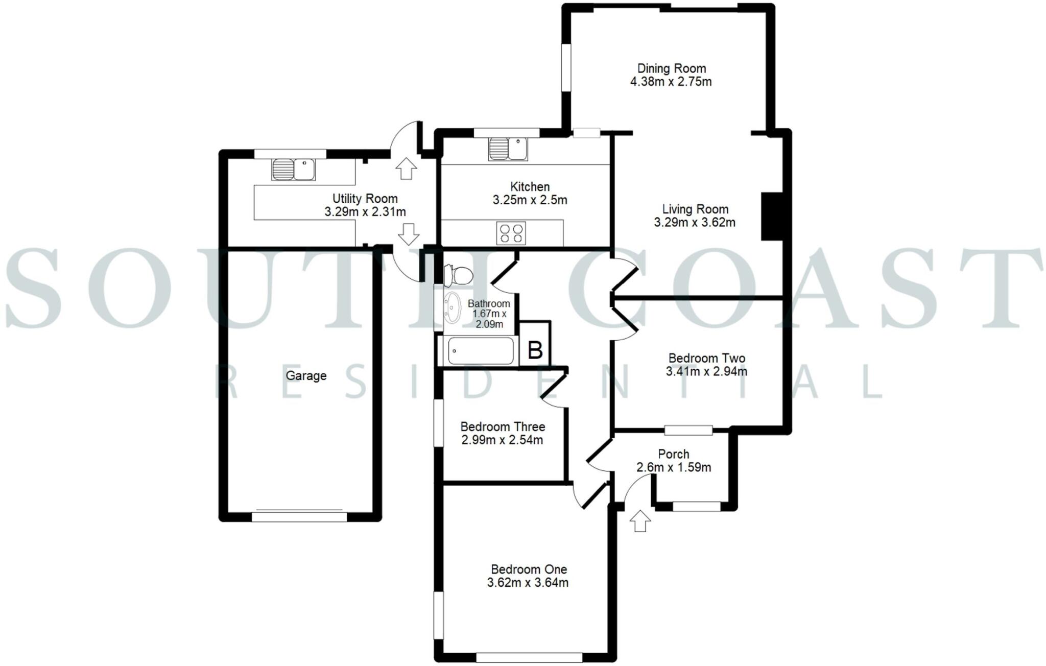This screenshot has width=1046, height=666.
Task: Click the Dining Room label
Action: pyautogui.click(x=671, y=68)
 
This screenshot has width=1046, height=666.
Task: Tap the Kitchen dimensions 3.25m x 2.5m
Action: pyautogui.click(x=530, y=200)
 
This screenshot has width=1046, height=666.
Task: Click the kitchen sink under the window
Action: pyautogui.click(x=508, y=149)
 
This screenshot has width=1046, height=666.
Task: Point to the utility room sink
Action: pyautogui.click(x=293, y=170)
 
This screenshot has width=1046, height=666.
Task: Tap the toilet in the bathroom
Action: pyautogui.click(x=458, y=275)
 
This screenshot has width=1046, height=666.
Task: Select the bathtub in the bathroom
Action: pyautogui.click(x=480, y=350)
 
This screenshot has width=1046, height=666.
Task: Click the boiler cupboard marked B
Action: pyautogui.click(x=535, y=350)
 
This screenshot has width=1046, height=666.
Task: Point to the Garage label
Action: pyautogui.click(x=306, y=376)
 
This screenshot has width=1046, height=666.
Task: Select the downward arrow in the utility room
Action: pyautogui.click(x=408, y=234)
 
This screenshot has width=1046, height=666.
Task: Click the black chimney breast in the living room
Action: pyautogui.click(x=771, y=216)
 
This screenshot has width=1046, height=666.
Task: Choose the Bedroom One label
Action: pyautogui.click(x=529, y=569)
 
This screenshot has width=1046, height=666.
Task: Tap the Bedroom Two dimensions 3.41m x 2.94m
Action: pyautogui.click(x=706, y=372)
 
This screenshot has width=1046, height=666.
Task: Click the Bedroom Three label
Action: pyautogui.click(x=503, y=426)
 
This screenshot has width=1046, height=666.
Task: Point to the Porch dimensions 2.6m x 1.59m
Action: pyautogui.click(x=673, y=467)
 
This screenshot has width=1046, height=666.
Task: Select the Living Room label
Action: pyautogui.click(x=695, y=209)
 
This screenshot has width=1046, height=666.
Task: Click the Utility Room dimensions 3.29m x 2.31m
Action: pyautogui.click(x=365, y=211)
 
